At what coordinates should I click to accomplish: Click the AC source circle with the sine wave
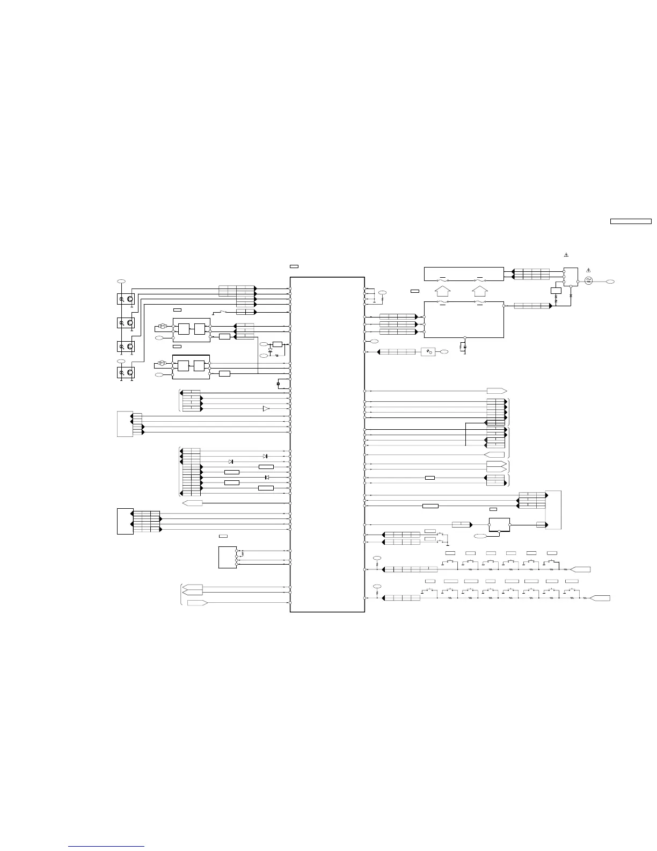click(x=588, y=281)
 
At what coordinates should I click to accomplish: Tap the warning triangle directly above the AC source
click(x=588, y=270)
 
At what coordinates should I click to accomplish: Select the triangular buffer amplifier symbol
click(x=266, y=409)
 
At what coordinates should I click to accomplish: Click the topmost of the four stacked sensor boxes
click(x=126, y=299)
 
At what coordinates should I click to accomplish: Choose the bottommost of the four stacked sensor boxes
click(x=126, y=372)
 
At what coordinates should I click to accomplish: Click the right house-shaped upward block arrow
click(x=480, y=291)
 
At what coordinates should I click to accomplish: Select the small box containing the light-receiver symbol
click(x=428, y=352)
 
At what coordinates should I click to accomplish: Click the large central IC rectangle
click(x=327, y=444)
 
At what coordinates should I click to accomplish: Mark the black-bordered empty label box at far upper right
click(x=631, y=221)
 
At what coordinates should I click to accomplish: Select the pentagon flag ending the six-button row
click(x=581, y=569)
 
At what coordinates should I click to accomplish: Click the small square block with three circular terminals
click(x=228, y=557)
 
